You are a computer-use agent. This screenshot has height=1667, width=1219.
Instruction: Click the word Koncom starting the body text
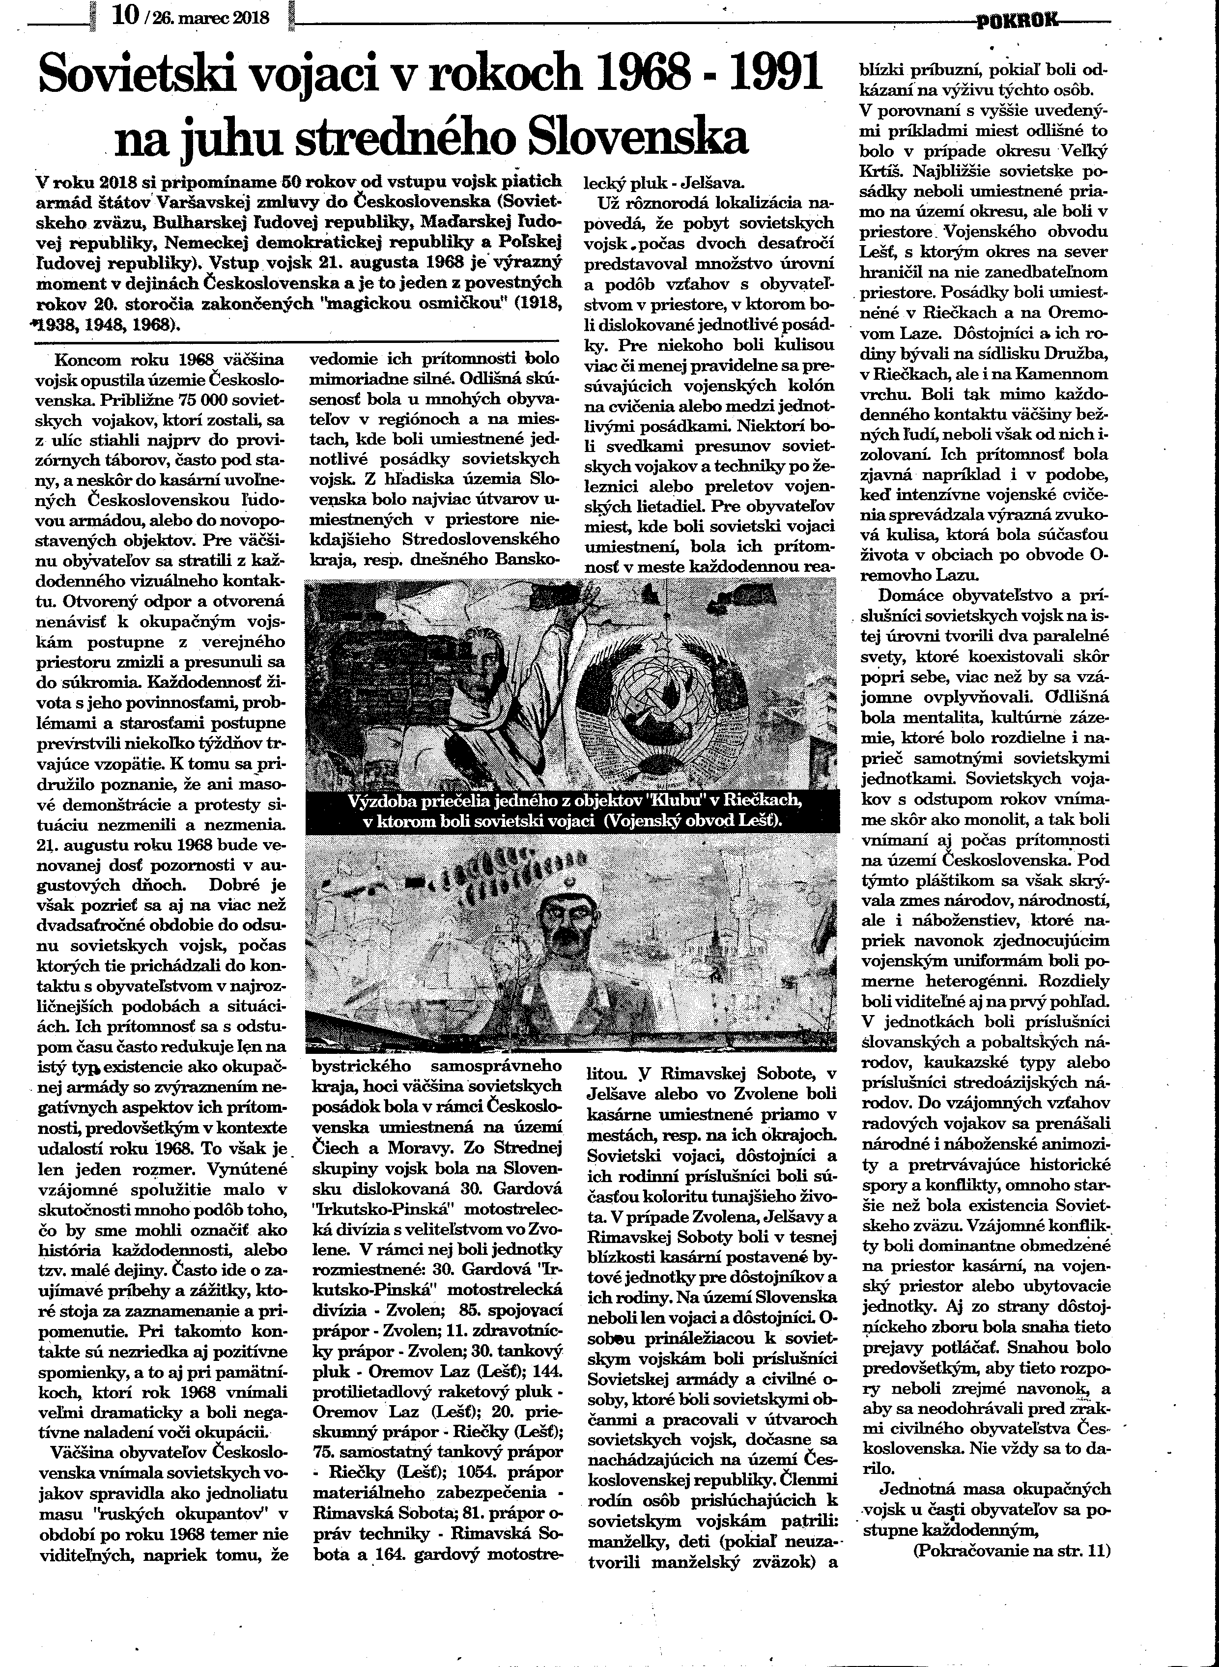(85, 360)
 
